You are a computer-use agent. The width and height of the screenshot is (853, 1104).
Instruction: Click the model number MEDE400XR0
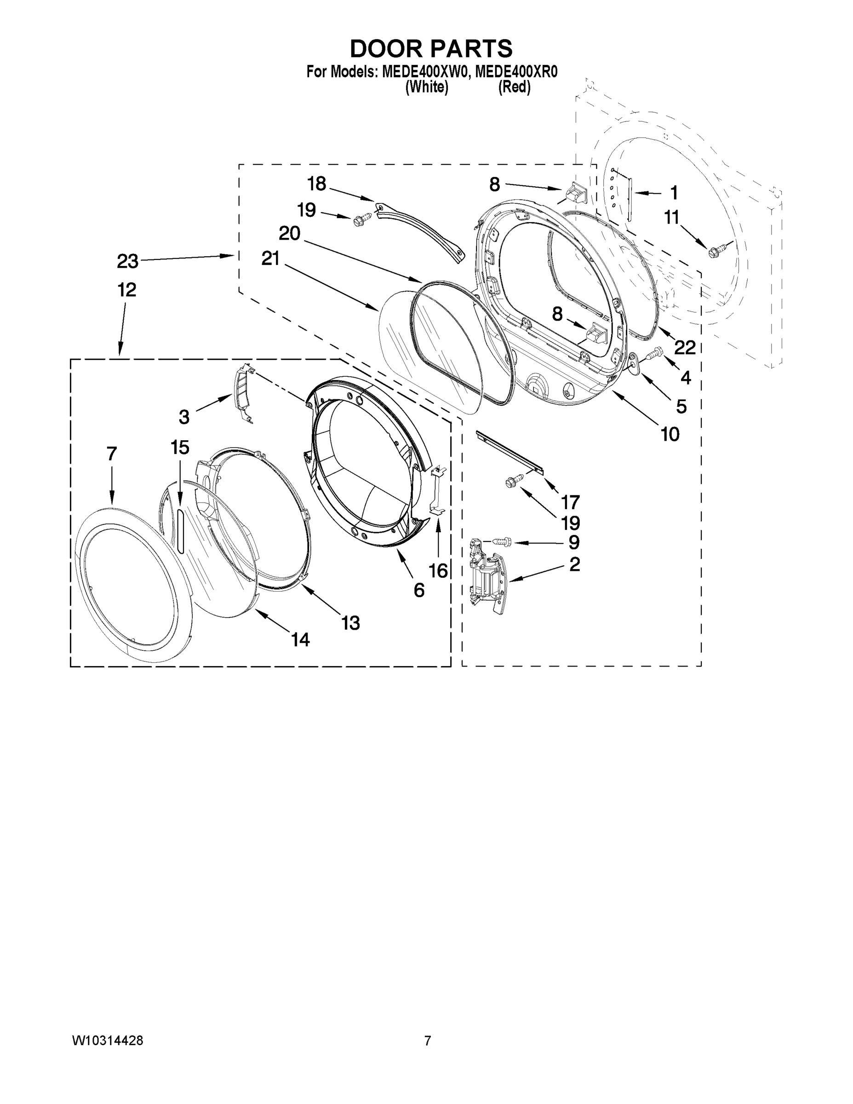click(x=516, y=72)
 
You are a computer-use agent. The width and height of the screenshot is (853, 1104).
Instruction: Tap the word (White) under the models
click(x=427, y=87)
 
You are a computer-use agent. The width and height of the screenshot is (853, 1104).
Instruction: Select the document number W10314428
click(x=108, y=1041)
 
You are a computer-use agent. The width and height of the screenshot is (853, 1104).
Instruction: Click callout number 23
click(x=127, y=261)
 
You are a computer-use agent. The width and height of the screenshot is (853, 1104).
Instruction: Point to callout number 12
click(x=127, y=290)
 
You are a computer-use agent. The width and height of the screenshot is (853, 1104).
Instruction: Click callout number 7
click(x=112, y=454)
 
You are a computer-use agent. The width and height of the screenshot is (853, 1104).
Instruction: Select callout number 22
click(x=685, y=347)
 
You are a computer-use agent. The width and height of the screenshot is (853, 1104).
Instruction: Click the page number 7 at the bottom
click(x=428, y=1041)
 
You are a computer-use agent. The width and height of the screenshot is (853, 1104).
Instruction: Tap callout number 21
click(x=270, y=259)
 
